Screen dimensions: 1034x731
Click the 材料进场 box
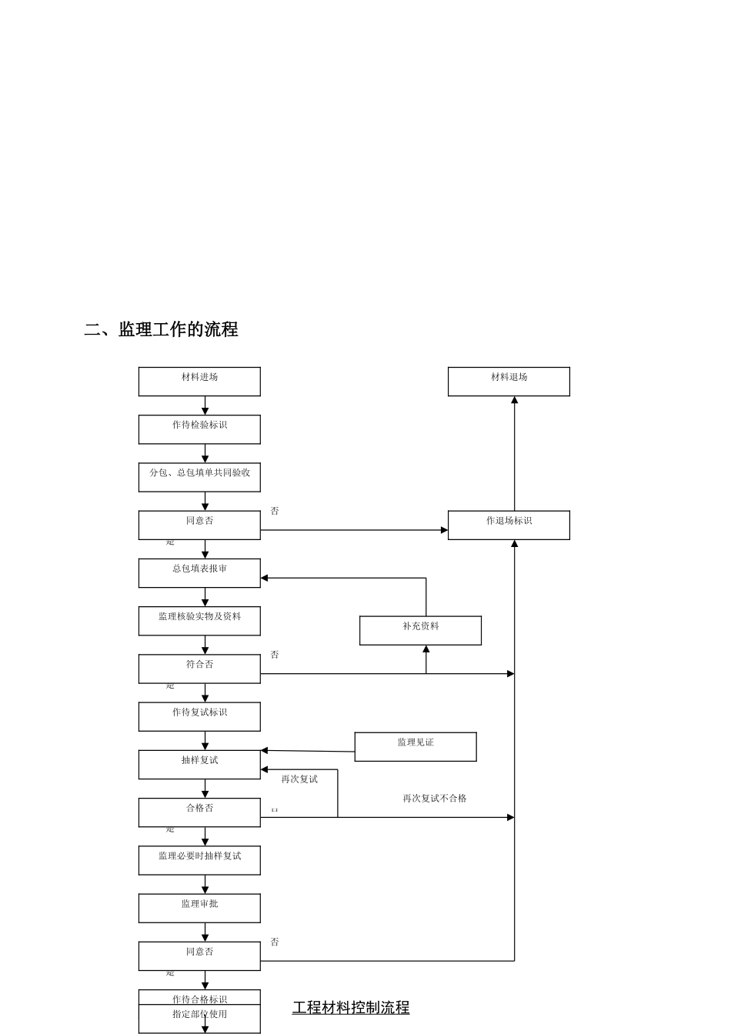199,382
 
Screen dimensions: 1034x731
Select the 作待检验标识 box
199,429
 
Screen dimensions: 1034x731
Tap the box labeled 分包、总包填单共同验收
199,477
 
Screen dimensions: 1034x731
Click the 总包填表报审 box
199,573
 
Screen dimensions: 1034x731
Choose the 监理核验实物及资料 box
199,621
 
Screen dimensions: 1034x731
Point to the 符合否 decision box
199,669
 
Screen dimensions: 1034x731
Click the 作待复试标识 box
199,716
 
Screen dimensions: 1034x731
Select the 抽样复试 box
199,764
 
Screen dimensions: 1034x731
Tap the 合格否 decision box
199,812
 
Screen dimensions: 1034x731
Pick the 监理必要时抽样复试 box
199,860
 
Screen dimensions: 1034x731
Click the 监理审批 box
199,908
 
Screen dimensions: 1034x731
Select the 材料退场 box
509,382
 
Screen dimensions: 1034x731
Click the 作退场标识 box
509,525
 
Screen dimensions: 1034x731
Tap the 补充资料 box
420,630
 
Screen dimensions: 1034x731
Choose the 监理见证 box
416,746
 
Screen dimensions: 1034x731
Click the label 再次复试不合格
435,799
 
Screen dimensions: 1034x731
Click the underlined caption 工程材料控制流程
351,1007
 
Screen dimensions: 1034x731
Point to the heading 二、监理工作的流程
161,329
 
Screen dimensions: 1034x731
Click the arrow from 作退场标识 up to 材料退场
514,454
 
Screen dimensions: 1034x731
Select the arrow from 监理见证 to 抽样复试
308,751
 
